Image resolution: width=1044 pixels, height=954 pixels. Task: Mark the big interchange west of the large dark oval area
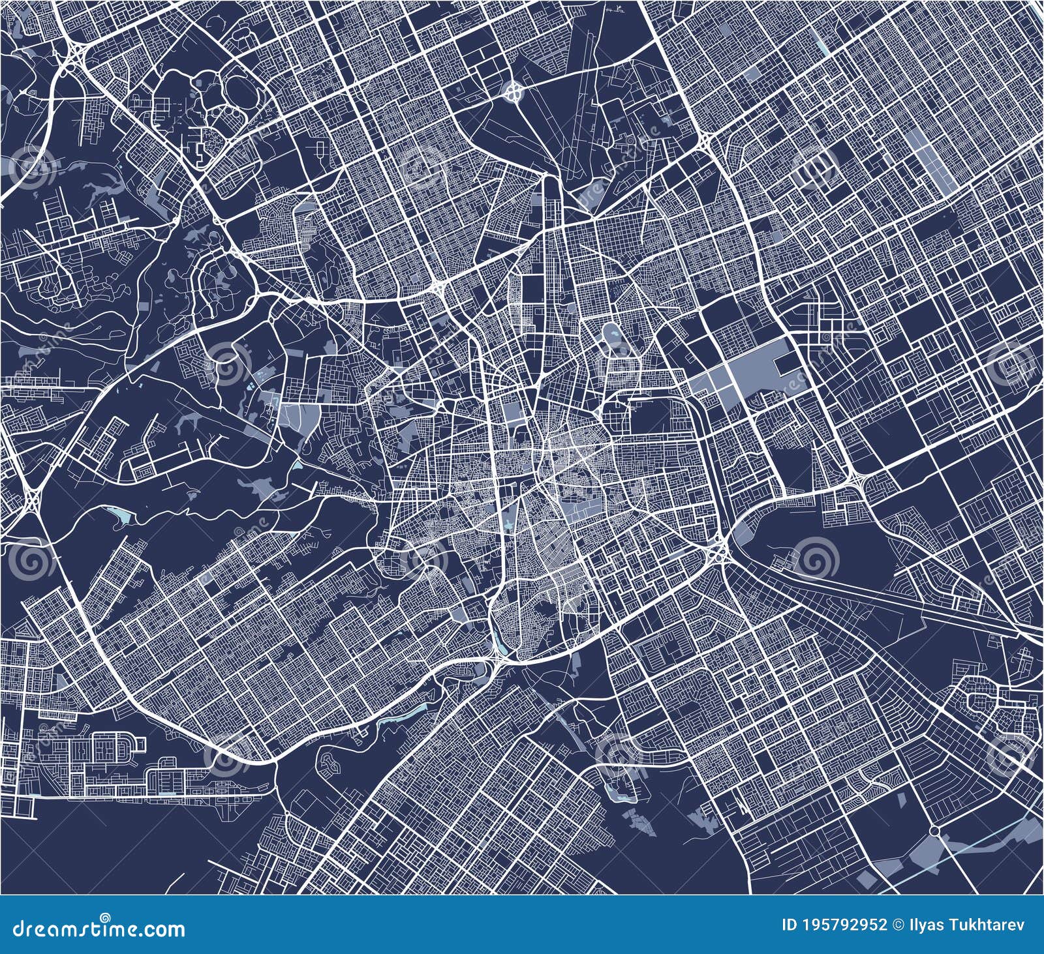(720, 553)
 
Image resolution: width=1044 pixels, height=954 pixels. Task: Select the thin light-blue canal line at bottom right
(992, 841)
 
